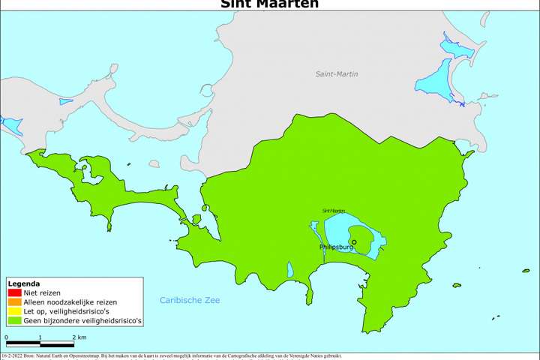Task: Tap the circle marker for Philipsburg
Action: [x=354, y=241]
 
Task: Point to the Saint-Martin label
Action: [x=337, y=73]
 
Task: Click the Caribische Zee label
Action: [x=190, y=301]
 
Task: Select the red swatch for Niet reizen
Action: [x=13, y=292]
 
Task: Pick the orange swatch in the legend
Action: [x=13, y=301]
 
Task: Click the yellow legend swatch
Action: [x=13, y=311]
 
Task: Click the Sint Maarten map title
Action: [x=270, y=4]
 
